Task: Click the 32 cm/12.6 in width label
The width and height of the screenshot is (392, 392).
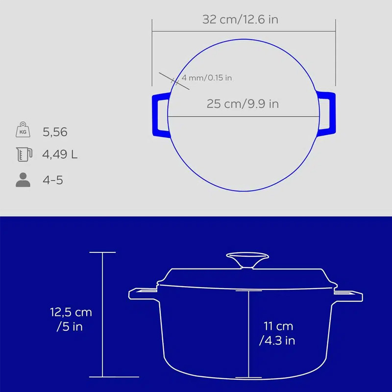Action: pyautogui.click(x=240, y=20)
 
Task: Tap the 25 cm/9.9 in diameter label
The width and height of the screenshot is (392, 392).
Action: pyautogui.click(x=243, y=104)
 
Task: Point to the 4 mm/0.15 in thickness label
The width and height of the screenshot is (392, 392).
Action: pyautogui.click(x=207, y=78)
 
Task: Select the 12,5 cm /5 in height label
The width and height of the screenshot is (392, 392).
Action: pyautogui.click(x=71, y=319)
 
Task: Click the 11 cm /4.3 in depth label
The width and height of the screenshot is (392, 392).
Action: pyautogui.click(x=277, y=333)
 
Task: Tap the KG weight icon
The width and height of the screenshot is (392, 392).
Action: pyautogui.click(x=23, y=129)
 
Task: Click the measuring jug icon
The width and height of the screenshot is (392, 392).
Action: pyautogui.click(x=24, y=154)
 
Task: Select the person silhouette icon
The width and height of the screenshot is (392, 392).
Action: pyautogui.click(x=23, y=180)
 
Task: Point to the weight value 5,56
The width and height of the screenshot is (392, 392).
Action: pyautogui.click(x=55, y=132)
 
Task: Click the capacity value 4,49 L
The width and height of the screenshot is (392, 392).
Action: pyautogui.click(x=60, y=154)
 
